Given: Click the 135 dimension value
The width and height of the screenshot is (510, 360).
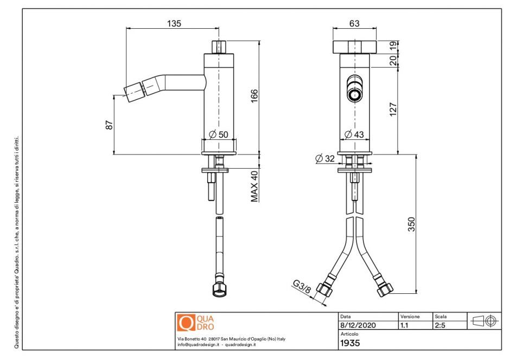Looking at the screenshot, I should point(174,23).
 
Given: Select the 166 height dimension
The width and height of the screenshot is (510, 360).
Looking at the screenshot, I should point(254,95).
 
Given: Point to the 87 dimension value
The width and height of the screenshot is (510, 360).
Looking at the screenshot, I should point(109,124).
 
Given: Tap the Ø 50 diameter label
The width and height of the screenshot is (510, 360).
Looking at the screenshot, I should point(218,134).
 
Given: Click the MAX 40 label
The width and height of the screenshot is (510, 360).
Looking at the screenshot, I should point(254,186).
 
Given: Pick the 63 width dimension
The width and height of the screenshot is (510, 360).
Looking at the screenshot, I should point(354,23).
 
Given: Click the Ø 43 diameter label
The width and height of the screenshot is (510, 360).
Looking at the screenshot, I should point(354,134).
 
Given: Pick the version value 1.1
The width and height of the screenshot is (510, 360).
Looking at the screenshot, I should point(405,326).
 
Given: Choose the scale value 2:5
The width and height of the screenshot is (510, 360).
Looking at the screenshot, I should point(440,326).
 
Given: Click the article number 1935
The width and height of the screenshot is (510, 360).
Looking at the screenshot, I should point(349,343).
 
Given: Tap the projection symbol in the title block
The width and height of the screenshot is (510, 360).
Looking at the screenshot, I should point(484,321).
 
